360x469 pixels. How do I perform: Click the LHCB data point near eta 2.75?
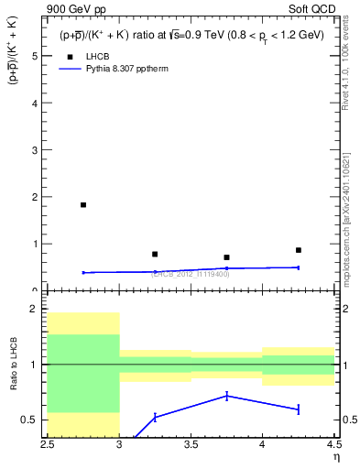(x=83, y=205)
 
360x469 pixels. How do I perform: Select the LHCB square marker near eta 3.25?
(x=155, y=254)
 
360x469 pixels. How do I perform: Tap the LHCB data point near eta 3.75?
(x=226, y=257)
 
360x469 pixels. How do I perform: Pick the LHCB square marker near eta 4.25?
(x=298, y=250)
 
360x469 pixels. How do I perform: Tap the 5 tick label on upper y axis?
(x=34, y=56)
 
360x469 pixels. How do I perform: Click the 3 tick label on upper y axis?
(x=34, y=150)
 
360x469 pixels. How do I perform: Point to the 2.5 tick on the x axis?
(x=48, y=446)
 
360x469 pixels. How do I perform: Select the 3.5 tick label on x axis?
(x=191, y=446)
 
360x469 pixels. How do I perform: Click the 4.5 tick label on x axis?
(x=333, y=446)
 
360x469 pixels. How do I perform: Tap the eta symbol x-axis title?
(x=335, y=459)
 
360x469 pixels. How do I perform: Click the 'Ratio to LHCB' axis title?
(x=13, y=365)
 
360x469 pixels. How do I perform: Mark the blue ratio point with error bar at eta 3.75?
(x=226, y=396)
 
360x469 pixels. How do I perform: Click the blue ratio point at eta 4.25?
(x=298, y=409)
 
